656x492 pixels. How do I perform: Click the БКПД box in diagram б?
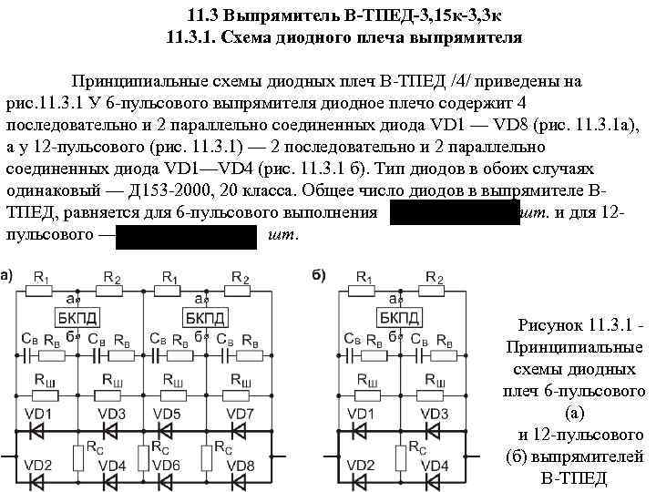coord(401,317)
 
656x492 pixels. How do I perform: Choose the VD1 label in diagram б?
coord(359,415)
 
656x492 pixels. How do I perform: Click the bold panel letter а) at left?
coord(6,275)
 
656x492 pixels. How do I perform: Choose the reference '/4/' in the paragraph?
coord(464,80)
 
